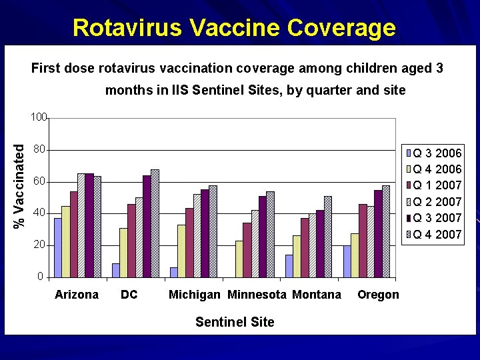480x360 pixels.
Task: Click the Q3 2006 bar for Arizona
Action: (x=58, y=247)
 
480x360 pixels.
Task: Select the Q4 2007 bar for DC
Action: (x=155, y=223)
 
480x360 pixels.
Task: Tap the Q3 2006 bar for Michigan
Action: (x=174, y=272)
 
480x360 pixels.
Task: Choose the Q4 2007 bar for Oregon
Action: (x=385, y=231)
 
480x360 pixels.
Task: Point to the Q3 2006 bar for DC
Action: (x=116, y=270)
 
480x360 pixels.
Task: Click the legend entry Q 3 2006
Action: (x=437, y=153)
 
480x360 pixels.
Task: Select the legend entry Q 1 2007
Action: (x=437, y=185)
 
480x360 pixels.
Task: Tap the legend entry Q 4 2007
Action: (x=437, y=234)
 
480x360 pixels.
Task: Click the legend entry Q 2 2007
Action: (x=437, y=201)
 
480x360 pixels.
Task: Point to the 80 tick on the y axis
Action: (x=39, y=149)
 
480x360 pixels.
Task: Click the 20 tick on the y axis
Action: (x=39, y=245)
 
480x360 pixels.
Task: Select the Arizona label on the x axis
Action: (x=77, y=295)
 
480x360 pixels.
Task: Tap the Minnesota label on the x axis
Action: (x=257, y=295)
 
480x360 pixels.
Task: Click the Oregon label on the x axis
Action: (x=378, y=295)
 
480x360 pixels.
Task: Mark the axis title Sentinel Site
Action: (x=235, y=322)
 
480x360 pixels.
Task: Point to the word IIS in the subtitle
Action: (x=181, y=90)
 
